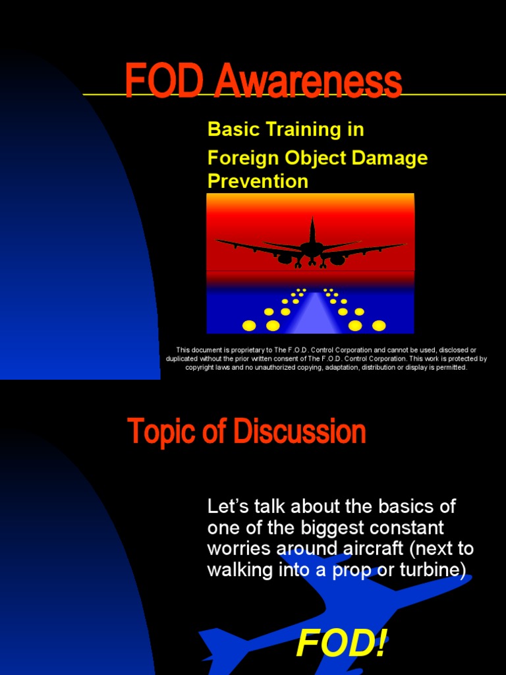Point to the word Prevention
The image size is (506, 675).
point(258,181)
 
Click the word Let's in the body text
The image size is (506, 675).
point(227,507)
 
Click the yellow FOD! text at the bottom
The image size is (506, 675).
point(341,643)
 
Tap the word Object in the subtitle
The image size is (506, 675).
point(316,158)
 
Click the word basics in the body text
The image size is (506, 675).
point(404,507)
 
